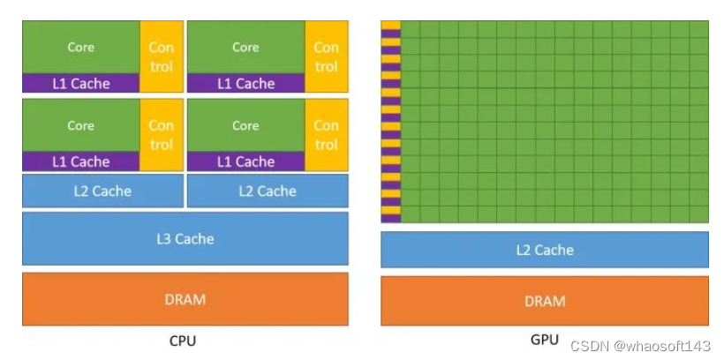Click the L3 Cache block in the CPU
point(185,238)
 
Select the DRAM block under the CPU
point(185,299)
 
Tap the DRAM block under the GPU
point(544,301)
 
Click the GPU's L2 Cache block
point(544,250)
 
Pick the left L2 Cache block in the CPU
point(102,191)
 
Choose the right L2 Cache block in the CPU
point(268,191)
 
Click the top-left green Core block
point(80,48)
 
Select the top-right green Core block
point(245,48)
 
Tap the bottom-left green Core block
point(80,125)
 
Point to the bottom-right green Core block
point(245,125)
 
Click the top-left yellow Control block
point(162,57)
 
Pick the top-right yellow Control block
point(327,57)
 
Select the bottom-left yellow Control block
point(162,135)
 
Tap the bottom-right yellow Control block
point(327,135)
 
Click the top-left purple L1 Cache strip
point(80,84)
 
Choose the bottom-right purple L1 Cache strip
point(245,161)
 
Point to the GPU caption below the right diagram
point(545,340)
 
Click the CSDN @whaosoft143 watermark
point(640,345)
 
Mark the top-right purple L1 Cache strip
point(245,84)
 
